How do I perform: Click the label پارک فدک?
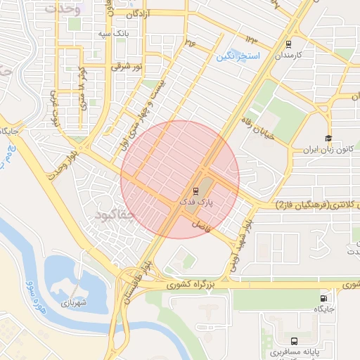(196, 202)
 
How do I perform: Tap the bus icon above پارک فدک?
(195, 191)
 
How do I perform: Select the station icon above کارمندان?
(288, 44)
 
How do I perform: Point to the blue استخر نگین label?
(238, 56)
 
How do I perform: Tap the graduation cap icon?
(328, 139)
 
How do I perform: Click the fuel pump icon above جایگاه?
(324, 298)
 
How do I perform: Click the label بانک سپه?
(112, 33)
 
